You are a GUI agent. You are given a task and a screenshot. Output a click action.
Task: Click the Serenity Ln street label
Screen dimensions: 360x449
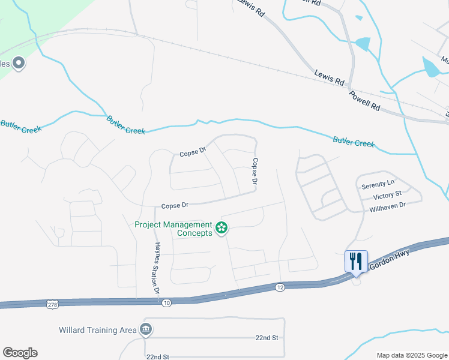(x=378, y=186)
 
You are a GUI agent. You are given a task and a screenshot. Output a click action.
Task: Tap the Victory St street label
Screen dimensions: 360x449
(x=387, y=196)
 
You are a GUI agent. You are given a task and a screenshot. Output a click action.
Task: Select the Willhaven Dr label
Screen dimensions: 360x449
(x=388, y=205)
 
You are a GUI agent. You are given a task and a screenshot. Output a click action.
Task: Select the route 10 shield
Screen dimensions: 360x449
(x=166, y=303)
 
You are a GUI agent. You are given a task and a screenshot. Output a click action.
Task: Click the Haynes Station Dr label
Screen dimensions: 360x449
(x=157, y=268)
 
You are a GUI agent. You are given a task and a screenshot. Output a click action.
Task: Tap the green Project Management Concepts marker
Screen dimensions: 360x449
(x=221, y=227)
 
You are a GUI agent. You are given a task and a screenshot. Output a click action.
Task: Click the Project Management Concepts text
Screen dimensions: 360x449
(x=173, y=229)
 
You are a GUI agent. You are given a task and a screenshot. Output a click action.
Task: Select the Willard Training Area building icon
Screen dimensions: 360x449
(x=145, y=329)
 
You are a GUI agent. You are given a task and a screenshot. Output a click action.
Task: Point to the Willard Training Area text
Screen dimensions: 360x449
(x=98, y=330)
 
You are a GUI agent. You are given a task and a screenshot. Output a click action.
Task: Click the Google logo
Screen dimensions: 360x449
(x=20, y=352)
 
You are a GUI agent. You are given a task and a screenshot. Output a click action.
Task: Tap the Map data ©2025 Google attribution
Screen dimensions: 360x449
(x=411, y=355)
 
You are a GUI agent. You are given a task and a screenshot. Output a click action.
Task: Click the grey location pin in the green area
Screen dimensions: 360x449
(x=18, y=62)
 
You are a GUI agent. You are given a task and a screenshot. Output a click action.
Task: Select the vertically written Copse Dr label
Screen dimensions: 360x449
(x=255, y=171)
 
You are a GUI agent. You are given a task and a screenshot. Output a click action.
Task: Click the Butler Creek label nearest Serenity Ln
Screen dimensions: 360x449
(x=354, y=142)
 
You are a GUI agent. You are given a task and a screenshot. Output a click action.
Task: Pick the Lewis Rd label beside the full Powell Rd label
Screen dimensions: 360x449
(x=329, y=77)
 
